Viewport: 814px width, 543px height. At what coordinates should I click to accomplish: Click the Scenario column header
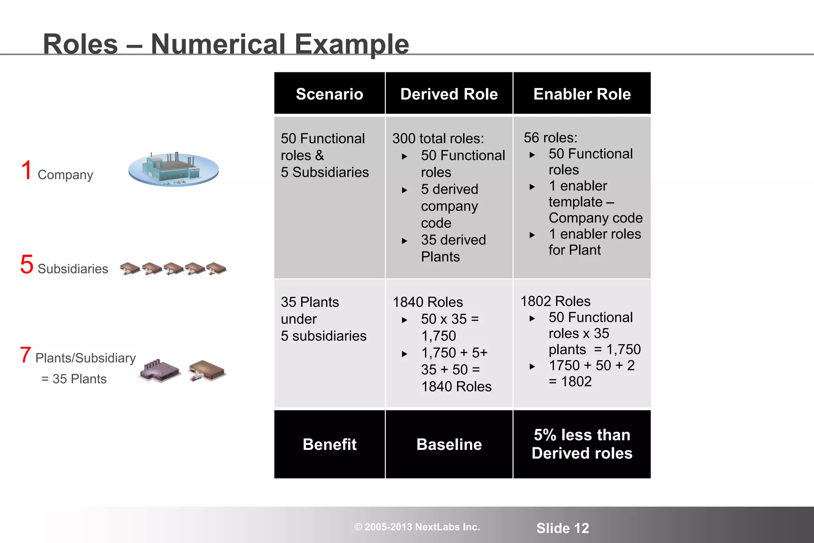click(329, 94)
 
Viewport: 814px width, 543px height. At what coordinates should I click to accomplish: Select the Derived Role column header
click(449, 94)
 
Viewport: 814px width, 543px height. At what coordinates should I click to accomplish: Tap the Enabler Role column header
click(582, 94)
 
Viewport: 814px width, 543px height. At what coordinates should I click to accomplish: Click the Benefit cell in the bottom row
click(329, 444)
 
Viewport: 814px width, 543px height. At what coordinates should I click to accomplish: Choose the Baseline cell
click(449, 444)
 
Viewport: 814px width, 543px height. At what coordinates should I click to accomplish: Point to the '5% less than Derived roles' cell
click(582, 444)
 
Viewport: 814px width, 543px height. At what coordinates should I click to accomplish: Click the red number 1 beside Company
click(27, 170)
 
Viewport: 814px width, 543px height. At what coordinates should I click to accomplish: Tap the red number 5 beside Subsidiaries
click(27, 264)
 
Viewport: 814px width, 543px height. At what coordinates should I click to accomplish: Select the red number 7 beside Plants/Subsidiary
click(25, 355)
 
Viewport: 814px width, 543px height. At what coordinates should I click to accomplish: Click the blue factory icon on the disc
click(173, 169)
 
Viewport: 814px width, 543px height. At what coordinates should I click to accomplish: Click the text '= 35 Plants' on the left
click(74, 379)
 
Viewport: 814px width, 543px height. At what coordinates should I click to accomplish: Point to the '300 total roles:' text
click(438, 138)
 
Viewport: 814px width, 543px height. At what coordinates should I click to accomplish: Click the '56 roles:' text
click(550, 138)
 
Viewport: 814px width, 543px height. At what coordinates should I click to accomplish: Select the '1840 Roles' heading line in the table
click(428, 302)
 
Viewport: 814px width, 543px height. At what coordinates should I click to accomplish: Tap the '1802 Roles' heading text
click(555, 301)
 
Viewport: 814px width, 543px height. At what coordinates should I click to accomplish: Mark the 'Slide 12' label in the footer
click(562, 528)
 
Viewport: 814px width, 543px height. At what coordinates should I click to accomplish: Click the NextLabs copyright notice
click(417, 527)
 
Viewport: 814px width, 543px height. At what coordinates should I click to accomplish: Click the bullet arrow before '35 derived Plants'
click(405, 241)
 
